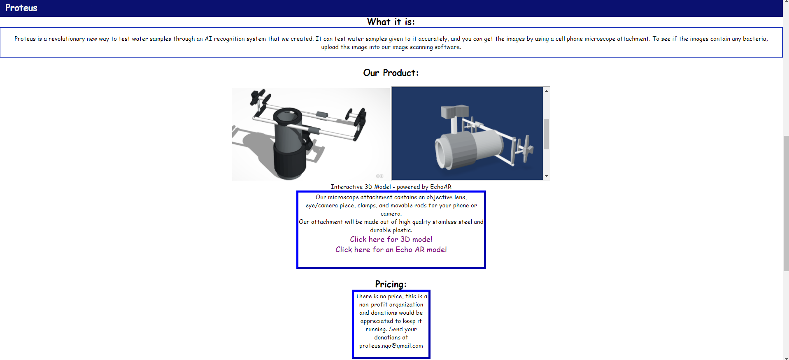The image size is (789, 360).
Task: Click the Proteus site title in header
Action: pos(21,8)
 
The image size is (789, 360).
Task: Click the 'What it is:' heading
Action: pos(391,22)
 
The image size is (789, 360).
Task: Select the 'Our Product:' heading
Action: pos(391,73)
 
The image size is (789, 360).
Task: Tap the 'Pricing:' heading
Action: pos(391,284)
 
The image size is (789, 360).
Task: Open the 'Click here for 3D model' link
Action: pos(391,239)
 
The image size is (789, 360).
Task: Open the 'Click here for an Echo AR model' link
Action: pos(391,250)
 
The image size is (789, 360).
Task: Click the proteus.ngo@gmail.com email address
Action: pos(391,346)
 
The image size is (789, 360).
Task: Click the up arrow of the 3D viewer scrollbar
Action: pos(547,91)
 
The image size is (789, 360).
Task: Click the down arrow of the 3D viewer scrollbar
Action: pos(547,176)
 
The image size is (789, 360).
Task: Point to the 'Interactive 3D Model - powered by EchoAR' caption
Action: pos(391,187)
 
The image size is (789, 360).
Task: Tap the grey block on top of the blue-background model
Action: pos(454,111)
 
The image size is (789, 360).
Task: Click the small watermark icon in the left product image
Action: pos(379,176)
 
